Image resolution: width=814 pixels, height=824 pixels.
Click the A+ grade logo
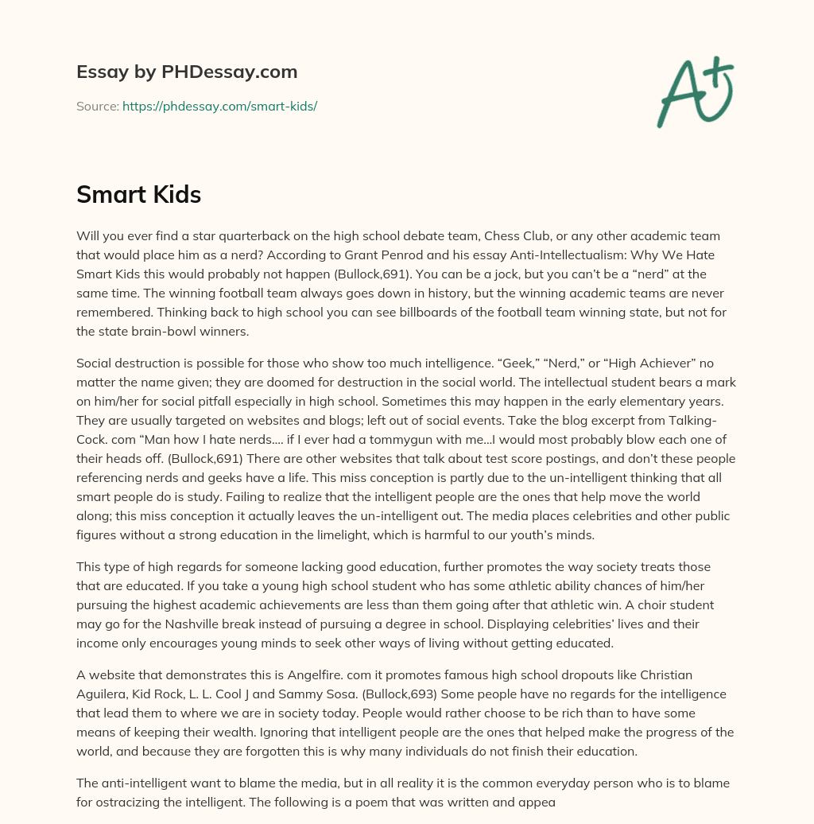(x=695, y=91)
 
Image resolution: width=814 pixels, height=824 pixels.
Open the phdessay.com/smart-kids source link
(x=219, y=106)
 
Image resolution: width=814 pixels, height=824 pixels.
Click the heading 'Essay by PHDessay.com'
(x=187, y=72)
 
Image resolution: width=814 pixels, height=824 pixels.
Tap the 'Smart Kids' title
(x=139, y=194)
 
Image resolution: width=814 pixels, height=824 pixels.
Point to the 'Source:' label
(x=97, y=106)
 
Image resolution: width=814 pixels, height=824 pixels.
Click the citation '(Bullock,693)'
(x=400, y=694)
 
